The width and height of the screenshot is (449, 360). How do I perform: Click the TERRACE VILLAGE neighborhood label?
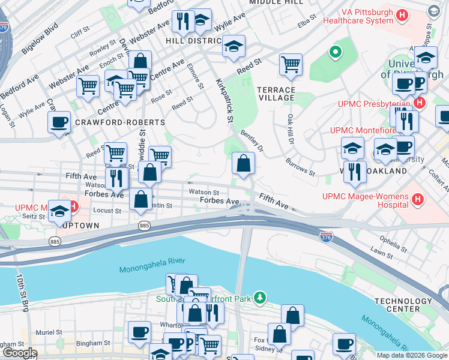pyautogui.click(x=276, y=93)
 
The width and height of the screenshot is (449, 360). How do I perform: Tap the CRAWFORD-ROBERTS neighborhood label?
pyautogui.click(x=120, y=122)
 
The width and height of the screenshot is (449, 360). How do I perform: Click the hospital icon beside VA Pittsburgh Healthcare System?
pyautogui.click(x=403, y=14)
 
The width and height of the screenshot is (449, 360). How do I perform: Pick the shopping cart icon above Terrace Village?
pyautogui.click(x=291, y=64)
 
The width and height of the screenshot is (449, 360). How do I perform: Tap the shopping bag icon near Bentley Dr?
pyautogui.click(x=243, y=163)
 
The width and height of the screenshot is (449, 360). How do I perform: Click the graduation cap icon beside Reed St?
pyautogui.click(x=233, y=46)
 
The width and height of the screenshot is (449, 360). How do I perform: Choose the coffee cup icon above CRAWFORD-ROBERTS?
pyautogui.click(x=59, y=122)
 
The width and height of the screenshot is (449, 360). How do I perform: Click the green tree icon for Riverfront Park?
pyautogui.click(x=259, y=297)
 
